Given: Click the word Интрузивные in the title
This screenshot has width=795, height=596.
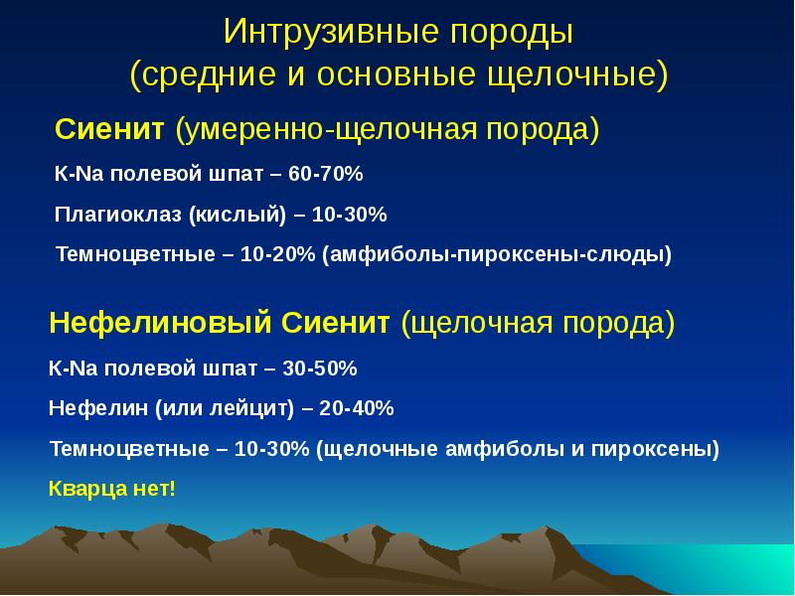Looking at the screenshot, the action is pos(331,32).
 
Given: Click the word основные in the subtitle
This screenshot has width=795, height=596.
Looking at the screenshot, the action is pos(396,74).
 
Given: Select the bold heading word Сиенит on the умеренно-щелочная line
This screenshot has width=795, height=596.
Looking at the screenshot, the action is pos(109,129).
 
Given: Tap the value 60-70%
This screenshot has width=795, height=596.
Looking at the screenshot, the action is pos(326,174).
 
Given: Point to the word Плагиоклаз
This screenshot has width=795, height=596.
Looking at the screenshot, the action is pos(117,215).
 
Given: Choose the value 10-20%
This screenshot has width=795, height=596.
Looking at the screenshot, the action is pos(277,254).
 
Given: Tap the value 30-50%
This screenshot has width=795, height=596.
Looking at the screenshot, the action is pos(320,369).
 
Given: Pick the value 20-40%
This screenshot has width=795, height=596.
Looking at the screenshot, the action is pos(357,408).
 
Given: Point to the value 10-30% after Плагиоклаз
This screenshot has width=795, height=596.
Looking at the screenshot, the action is pos(350,215).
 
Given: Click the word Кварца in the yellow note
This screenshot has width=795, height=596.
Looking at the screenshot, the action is pos(87,489).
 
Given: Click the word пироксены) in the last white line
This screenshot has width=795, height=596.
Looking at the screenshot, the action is pos(655,450).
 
